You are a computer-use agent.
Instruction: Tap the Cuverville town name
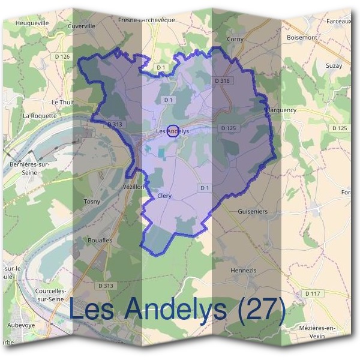(82, 26)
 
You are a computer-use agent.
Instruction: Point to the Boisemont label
(302, 37)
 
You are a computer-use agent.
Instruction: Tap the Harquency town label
(281, 110)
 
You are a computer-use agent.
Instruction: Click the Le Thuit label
(62, 102)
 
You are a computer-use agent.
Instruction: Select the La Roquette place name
(39, 115)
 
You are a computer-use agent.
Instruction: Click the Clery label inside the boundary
(164, 196)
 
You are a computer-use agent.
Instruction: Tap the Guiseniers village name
(253, 212)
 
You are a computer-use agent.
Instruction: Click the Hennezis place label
(244, 271)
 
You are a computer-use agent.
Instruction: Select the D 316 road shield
(222, 80)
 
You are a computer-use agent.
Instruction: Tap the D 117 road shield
(312, 293)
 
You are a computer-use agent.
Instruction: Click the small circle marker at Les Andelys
(172, 131)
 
